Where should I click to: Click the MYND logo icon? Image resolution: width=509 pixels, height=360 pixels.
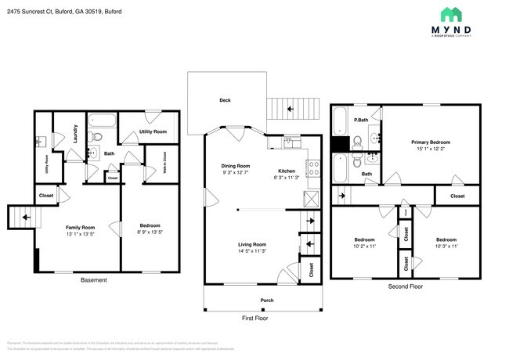click(x=450, y=15)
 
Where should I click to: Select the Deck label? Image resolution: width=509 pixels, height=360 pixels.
click(x=225, y=100)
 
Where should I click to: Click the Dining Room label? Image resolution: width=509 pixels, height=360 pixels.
click(x=235, y=166)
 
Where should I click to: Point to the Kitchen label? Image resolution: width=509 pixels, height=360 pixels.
click(x=287, y=171)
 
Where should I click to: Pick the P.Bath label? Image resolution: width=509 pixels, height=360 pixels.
click(x=361, y=120)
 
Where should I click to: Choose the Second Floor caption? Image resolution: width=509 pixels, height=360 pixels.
click(x=405, y=287)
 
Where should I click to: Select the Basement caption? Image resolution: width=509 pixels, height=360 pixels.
click(x=94, y=280)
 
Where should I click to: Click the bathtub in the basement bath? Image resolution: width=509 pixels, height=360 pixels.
click(x=102, y=121)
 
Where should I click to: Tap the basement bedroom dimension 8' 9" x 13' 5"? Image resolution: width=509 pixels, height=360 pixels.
click(x=143, y=232)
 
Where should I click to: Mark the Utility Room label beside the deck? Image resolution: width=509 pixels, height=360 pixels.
click(x=153, y=132)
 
